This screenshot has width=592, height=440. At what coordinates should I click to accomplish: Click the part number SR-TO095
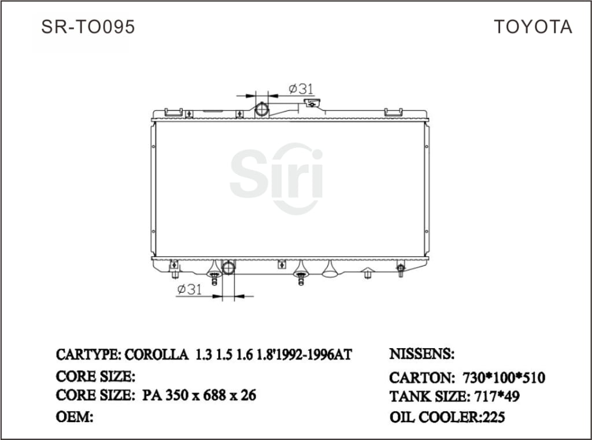(x=88, y=27)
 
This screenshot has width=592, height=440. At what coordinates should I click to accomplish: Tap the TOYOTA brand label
(x=532, y=27)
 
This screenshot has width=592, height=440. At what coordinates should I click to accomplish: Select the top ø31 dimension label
(x=301, y=88)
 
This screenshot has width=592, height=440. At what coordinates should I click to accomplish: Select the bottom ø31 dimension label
(x=189, y=289)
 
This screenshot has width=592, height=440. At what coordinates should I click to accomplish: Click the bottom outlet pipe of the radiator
(x=229, y=268)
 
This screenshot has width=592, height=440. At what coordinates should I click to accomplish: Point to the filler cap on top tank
(x=313, y=103)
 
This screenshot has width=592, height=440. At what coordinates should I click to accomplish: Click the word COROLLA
(x=157, y=354)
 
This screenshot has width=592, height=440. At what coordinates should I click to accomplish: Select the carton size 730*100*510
(x=504, y=378)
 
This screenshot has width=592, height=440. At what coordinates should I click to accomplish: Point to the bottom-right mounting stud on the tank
(x=400, y=269)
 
